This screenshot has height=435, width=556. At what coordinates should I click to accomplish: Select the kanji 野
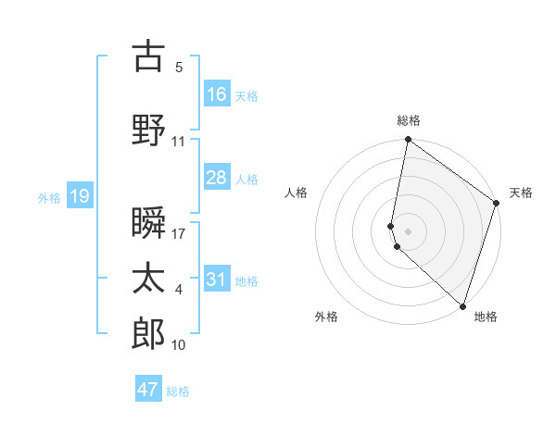[x=148, y=130]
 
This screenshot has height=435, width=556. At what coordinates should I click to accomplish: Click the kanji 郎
[x=148, y=333]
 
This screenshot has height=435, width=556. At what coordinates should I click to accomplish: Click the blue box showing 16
[x=217, y=93]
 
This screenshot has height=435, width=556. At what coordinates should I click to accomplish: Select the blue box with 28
[x=217, y=178]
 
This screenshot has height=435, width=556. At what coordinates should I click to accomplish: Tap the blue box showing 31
[x=217, y=280]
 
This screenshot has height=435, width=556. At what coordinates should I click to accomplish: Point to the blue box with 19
[x=79, y=195]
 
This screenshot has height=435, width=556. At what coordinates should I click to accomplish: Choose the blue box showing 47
[x=148, y=390]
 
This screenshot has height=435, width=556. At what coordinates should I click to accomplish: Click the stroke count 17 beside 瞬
[x=179, y=234]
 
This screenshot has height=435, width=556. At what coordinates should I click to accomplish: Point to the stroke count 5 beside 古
[x=179, y=68]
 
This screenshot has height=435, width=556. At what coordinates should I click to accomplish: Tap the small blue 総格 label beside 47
[x=178, y=391]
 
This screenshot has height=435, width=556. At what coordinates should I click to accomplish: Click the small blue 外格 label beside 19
[x=48, y=197]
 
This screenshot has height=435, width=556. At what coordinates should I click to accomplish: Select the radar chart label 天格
[x=521, y=193]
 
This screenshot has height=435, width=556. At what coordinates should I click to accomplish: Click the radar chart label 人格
[x=296, y=193]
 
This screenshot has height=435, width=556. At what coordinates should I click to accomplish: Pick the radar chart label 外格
[x=326, y=317]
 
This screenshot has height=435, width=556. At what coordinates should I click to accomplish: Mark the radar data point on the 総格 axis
[x=408, y=141]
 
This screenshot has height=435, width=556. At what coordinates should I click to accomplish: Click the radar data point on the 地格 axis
[x=462, y=306]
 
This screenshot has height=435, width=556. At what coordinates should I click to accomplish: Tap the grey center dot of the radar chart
[x=409, y=230]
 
